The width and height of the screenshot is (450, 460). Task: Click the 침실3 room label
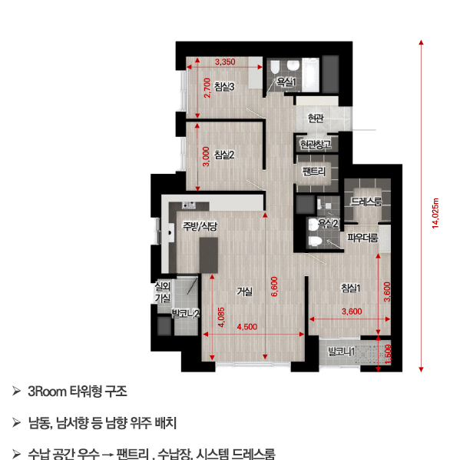[x=224, y=87]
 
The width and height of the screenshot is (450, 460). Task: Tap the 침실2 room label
[x=224, y=155]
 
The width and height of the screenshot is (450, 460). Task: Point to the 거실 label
[x=245, y=291]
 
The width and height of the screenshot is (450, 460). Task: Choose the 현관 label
[x=316, y=118]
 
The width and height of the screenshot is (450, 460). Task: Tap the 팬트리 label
[x=315, y=171]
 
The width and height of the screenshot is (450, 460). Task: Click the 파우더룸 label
[x=363, y=238]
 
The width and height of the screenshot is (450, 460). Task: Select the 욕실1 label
[x=286, y=82]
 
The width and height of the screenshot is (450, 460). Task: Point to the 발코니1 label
[x=342, y=352]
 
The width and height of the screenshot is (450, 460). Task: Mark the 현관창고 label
[x=316, y=145]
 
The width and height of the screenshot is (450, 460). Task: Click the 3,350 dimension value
[x=225, y=61]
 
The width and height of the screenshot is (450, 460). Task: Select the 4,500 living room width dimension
[x=247, y=328]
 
